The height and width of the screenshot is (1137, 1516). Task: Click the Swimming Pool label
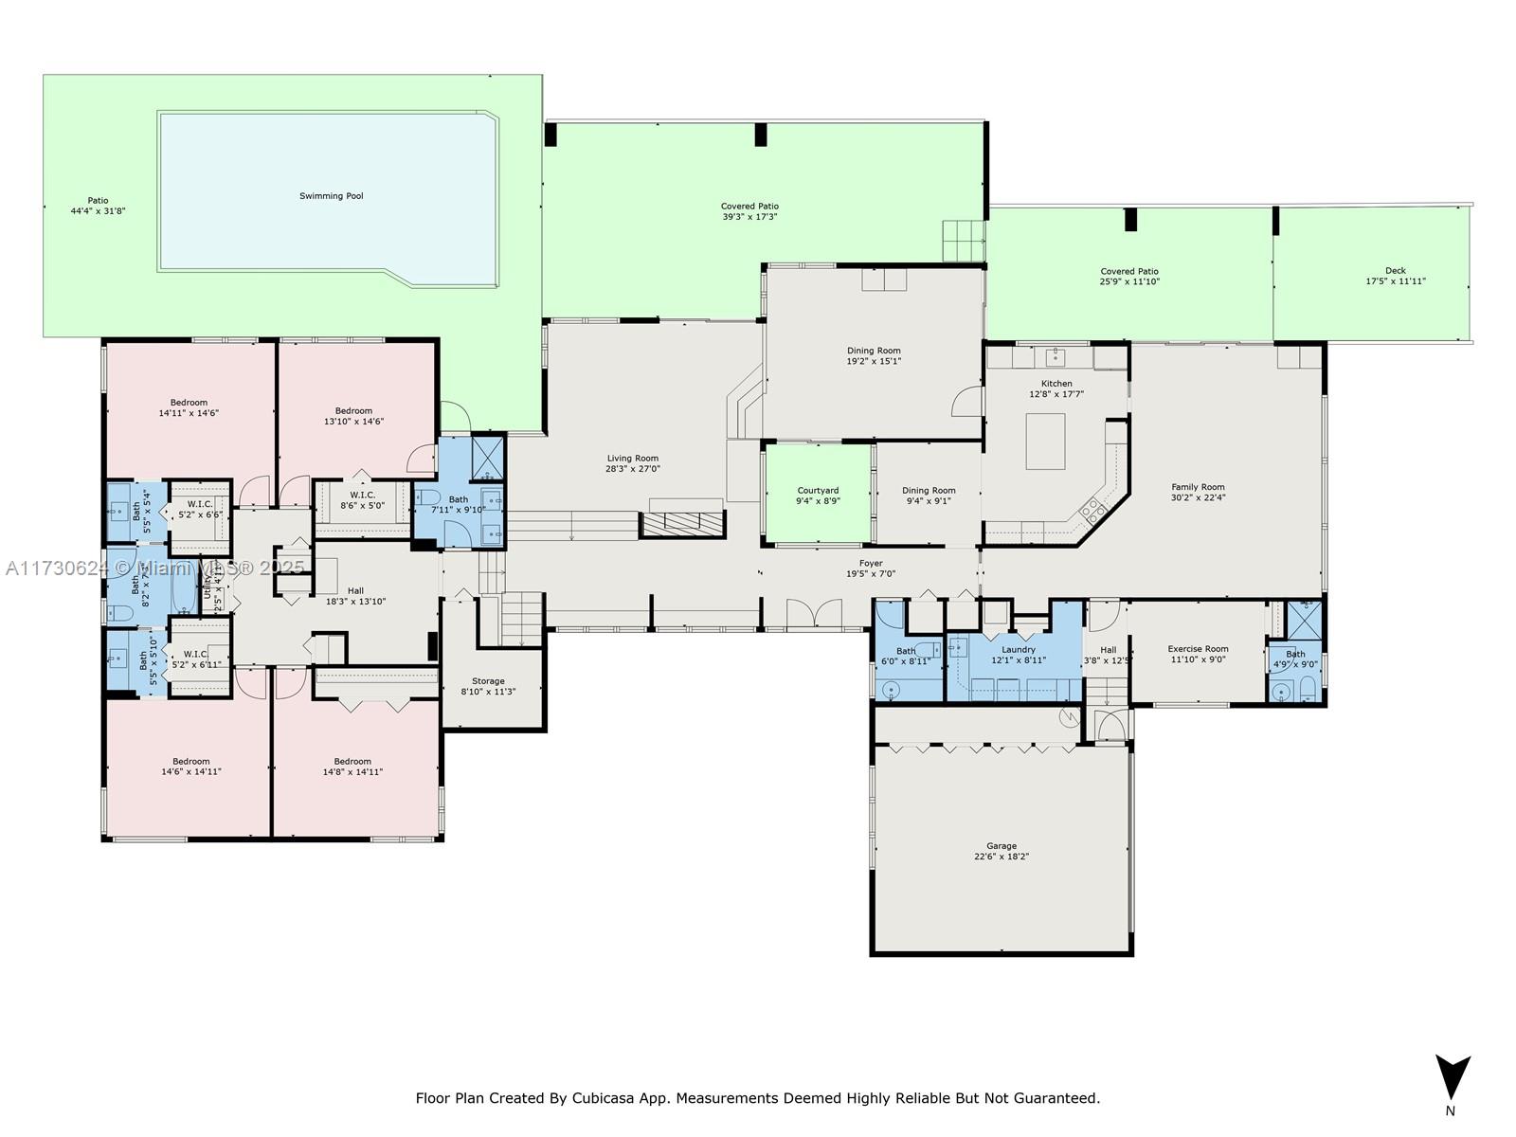(331, 196)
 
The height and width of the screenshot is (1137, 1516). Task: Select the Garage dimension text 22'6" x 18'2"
(1001, 857)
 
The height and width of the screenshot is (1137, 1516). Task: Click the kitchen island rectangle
(1045, 442)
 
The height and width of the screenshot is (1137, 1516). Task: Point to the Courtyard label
(817, 491)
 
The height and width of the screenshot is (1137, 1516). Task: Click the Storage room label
(488, 681)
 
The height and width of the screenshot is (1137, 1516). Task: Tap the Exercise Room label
(1198, 649)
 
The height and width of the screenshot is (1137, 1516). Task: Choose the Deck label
(1395, 271)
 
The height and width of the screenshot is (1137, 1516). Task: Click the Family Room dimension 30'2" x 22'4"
(1198, 497)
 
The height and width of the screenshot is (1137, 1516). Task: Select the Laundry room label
(1019, 649)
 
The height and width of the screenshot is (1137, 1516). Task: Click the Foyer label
(870, 563)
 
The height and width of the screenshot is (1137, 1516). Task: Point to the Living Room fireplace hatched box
(683, 522)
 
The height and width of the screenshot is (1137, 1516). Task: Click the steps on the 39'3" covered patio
(964, 241)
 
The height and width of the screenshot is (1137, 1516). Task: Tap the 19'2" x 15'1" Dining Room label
(874, 351)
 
